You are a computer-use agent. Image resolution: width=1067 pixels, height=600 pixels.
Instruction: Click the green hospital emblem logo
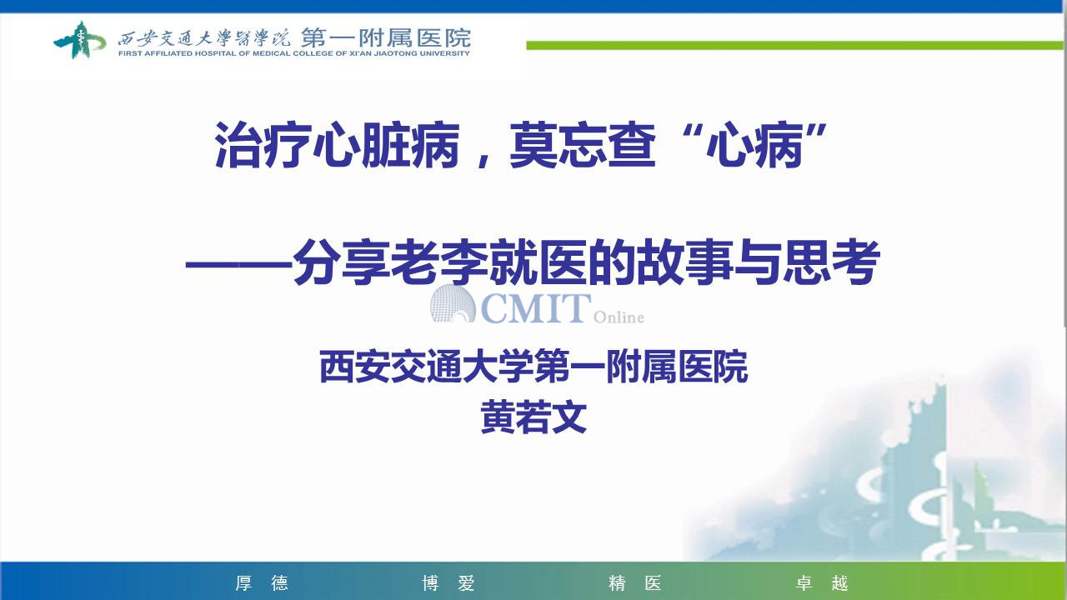[x=79, y=40]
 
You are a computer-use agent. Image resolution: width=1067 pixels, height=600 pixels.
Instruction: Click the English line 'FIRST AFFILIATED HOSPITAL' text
[x=178, y=53]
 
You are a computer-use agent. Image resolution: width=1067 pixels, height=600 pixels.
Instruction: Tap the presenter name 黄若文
[x=533, y=417]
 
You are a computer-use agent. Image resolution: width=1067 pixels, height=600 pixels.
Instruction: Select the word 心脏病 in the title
[x=386, y=145]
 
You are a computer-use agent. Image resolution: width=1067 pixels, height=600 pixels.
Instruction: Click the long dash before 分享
[x=238, y=263]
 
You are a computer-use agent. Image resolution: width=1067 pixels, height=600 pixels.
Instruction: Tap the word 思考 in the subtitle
[x=832, y=262]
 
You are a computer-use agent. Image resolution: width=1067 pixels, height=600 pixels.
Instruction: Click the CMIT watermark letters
[x=536, y=307]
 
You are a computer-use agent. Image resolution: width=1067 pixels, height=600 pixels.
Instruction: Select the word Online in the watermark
[x=619, y=317]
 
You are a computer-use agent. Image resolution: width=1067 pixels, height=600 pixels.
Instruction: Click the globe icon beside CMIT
[x=453, y=304]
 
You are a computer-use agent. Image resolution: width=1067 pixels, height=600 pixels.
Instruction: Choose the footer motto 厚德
[x=262, y=582]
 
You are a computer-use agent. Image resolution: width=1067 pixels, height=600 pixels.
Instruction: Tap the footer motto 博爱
[x=448, y=582]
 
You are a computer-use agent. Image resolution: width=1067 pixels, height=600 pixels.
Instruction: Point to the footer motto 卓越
[x=822, y=582]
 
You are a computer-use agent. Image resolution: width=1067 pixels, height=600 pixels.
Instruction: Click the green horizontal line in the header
[x=794, y=45]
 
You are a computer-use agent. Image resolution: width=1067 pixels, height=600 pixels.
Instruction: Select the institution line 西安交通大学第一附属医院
[x=533, y=367]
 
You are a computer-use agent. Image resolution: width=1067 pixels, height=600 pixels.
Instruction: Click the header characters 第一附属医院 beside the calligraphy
[x=386, y=37]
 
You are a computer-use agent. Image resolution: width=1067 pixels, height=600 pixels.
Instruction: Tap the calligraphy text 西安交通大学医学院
[x=204, y=38]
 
